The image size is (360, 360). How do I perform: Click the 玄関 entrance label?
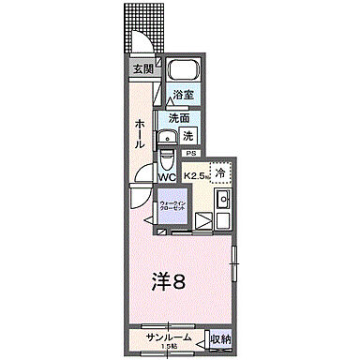(x=142, y=68)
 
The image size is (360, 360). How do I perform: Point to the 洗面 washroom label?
(x=179, y=118)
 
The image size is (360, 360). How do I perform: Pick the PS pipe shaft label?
(x=191, y=153)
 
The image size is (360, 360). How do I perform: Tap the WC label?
(x=166, y=175)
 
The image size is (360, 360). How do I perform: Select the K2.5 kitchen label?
(x=196, y=175)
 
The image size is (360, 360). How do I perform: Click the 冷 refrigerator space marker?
(x=219, y=172)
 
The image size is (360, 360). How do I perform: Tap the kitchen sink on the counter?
(x=224, y=200)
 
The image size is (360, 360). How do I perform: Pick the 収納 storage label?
(x=219, y=338)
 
